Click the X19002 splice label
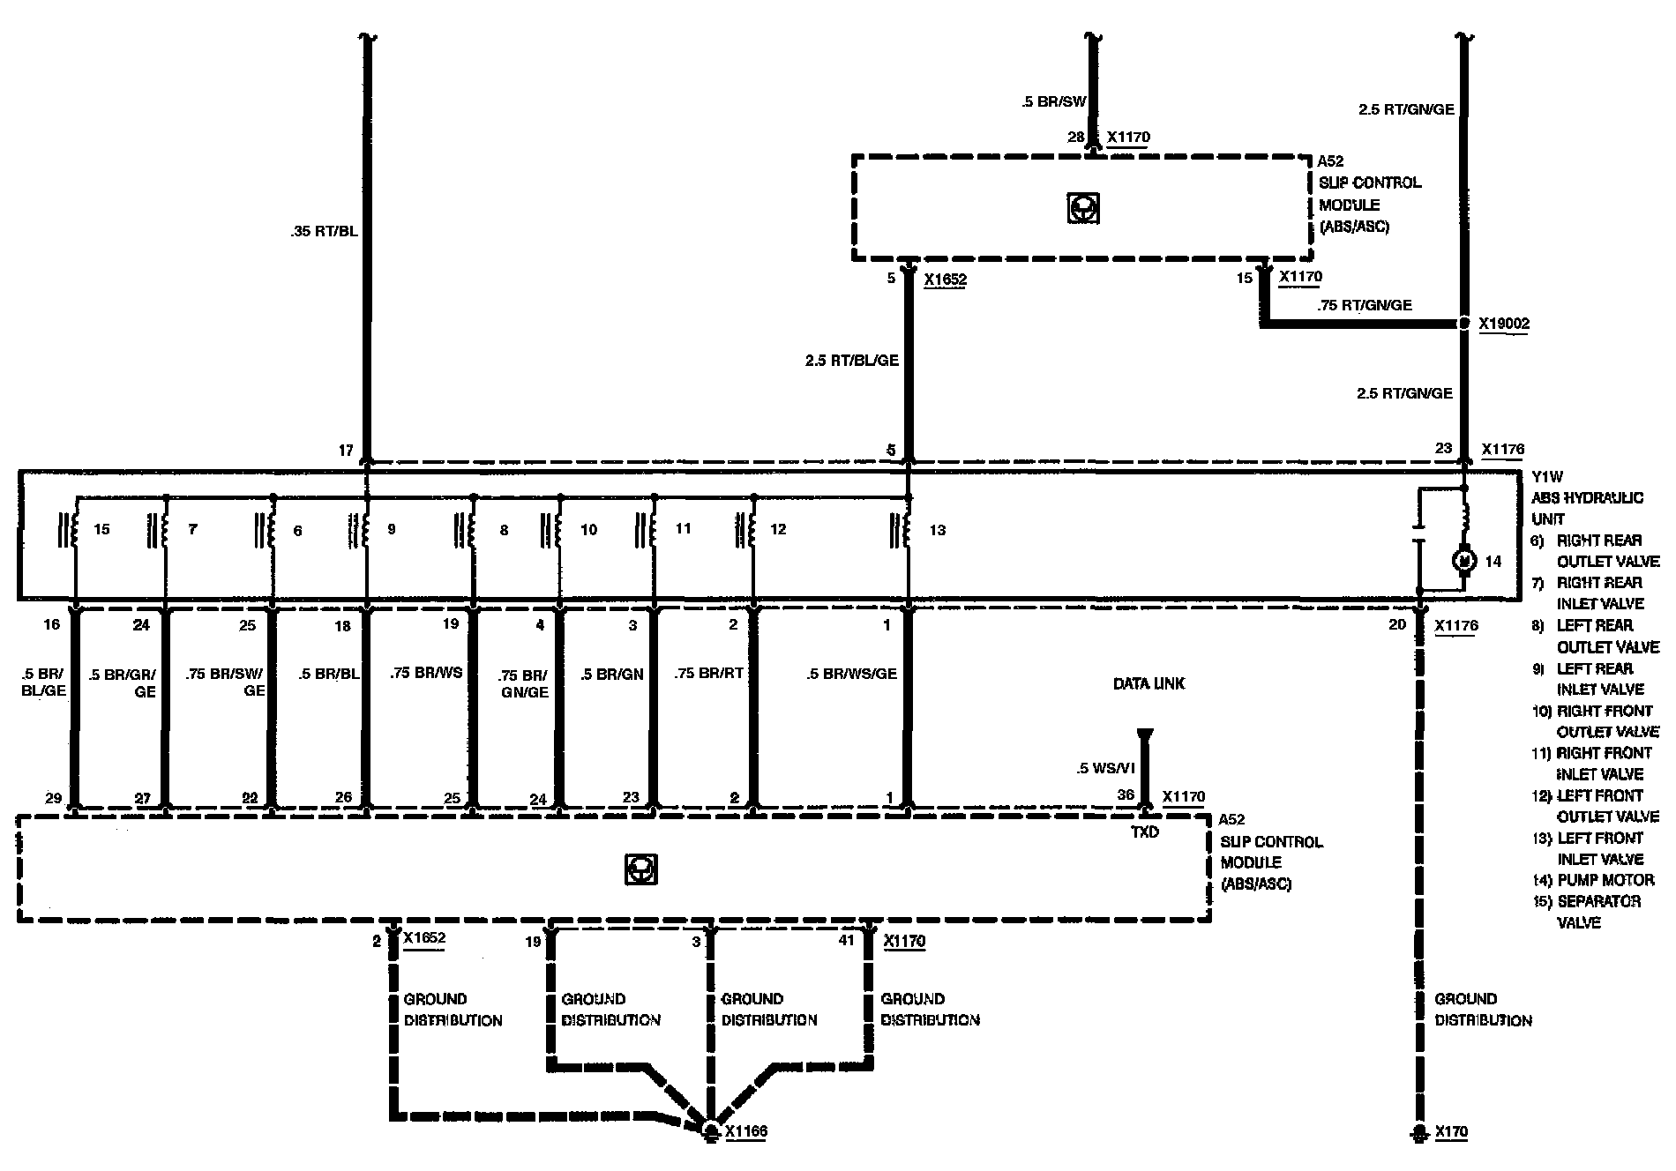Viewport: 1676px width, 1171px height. pyautogui.click(x=1504, y=324)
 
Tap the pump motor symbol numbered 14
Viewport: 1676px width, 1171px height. pyautogui.click(x=1464, y=561)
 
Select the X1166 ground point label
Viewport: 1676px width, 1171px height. pyautogui.click(x=745, y=1132)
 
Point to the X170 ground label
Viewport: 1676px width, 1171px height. pyautogui.click(x=1451, y=1132)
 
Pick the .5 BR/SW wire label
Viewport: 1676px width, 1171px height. pyautogui.click(x=1053, y=102)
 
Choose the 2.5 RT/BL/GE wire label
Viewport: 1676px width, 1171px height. pyautogui.click(x=851, y=361)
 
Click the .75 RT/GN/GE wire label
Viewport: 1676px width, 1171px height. pyautogui.click(x=1365, y=305)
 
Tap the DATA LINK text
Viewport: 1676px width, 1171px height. pyautogui.click(x=1149, y=683)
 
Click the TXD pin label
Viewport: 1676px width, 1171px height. pyautogui.click(x=1145, y=832)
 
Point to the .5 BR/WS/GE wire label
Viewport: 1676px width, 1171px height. pyautogui.click(x=851, y=674)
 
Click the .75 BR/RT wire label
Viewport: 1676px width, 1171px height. pyautogui.click(x=708, y=674)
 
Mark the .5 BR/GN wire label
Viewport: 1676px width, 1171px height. pyautogui.click(x=612, y=674)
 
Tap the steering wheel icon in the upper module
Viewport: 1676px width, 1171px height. pyautogui.click(x=1082, y=209)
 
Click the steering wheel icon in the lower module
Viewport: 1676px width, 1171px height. pyautogui.click(x=641, y=869)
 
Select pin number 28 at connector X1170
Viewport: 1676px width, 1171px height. pyautogui.click(x=1075, y=138)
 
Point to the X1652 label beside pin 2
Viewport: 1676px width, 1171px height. pyautogui.click(x=424, y=938)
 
